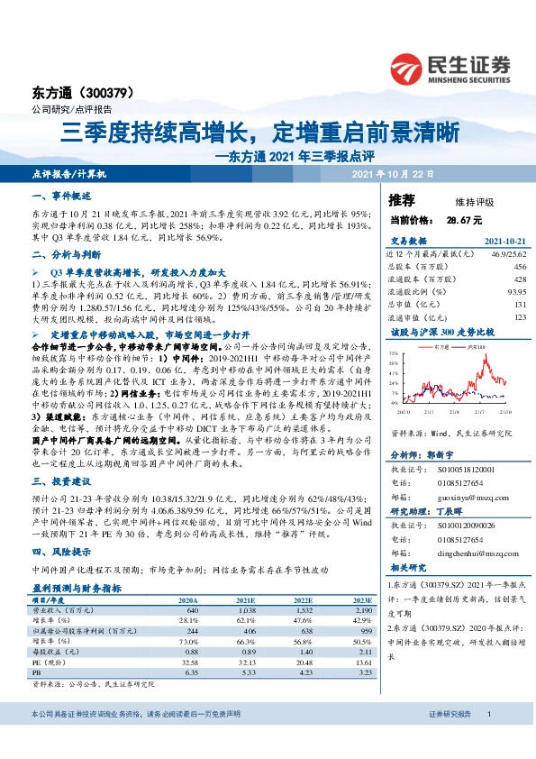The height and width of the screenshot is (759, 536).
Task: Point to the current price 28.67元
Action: point(464,219)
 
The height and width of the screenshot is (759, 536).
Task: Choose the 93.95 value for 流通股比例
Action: point(516,292)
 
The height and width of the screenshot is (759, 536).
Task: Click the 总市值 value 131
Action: point(519,305)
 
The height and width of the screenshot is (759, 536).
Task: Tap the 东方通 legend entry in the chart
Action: point(441,345)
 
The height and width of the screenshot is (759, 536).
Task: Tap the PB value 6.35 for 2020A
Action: point(190,672)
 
